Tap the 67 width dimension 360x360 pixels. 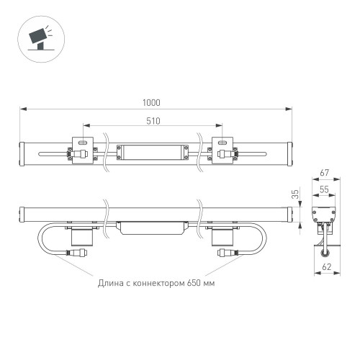point(324,174)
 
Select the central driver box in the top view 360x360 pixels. point(152,153)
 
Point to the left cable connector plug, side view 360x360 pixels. point(74,253)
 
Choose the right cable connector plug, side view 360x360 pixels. point(230,253)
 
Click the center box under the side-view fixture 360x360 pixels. point(152,228)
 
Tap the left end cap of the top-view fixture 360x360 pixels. point(24,153)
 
